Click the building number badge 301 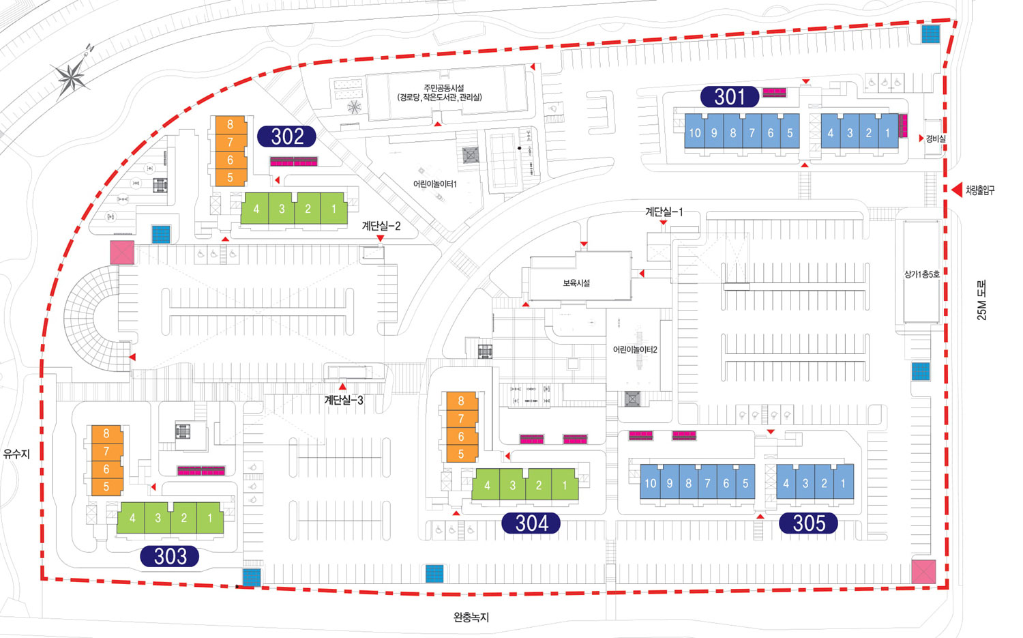pos(729,97)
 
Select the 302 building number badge pos(286,136)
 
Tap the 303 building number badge pos(170,556)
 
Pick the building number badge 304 pos(531,523)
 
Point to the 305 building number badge pos(809,523)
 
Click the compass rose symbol pos(71,76)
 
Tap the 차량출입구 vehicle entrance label pos(980,190)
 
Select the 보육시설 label pos(576,282)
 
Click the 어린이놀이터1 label pos(434,184)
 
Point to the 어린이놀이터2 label pos(635,349)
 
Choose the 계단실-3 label pos(344,401)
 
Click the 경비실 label pos(936,139)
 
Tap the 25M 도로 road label pos(982,300)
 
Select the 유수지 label pos(16,454)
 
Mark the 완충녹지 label pos(471,618)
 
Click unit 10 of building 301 pos(694,134)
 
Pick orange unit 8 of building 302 pos(231,124)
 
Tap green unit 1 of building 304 pos(565,486)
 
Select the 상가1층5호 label pos(921,274)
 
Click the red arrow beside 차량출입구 pos(956,190)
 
